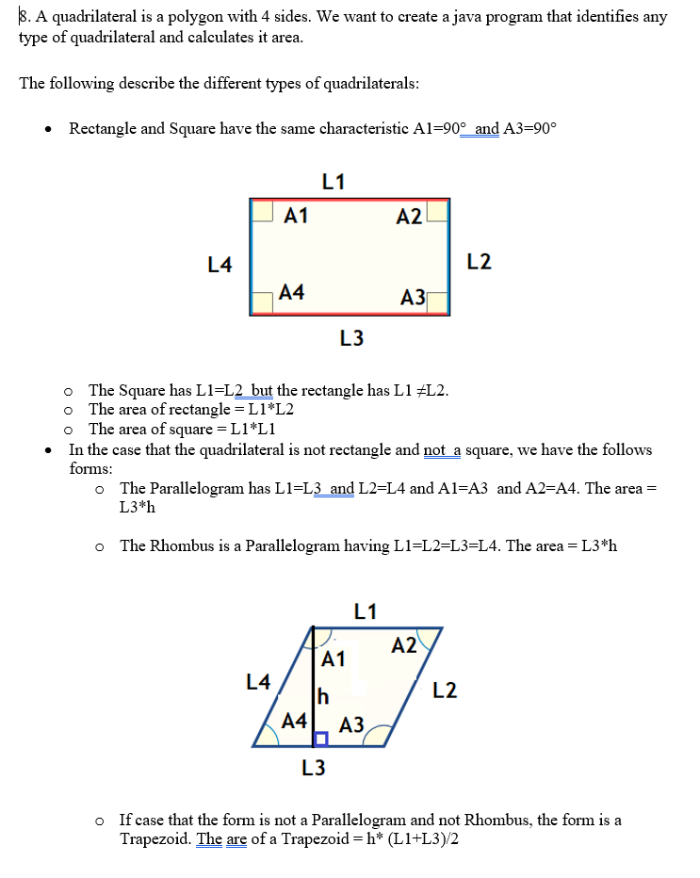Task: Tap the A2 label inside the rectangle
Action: (409, 217)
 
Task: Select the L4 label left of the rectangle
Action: (220, 265)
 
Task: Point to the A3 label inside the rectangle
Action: (413, 298)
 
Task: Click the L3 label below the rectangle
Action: (351, 337)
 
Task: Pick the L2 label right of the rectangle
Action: (479, 261)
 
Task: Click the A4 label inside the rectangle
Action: (292, 292)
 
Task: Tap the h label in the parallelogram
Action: (323, 697)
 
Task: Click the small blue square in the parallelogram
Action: (321, 738)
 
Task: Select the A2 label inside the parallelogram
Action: (404, 645)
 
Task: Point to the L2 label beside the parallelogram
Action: (446, 691)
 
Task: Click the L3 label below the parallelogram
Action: (314, 768)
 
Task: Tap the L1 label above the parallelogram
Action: (366, 611)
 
